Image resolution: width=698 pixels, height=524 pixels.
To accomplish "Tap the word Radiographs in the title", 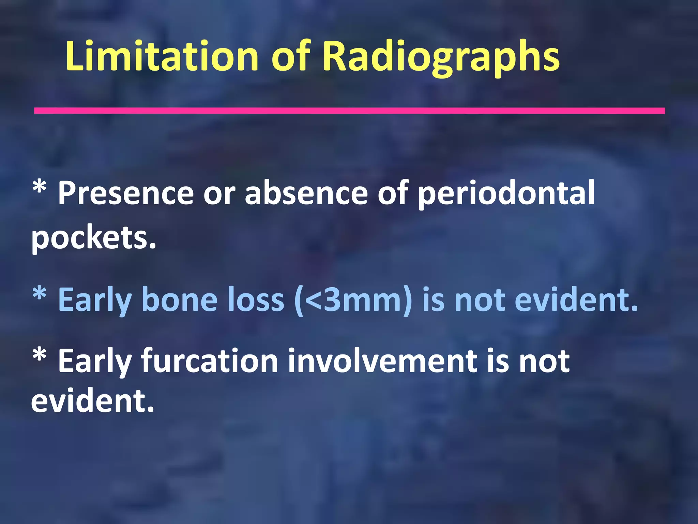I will [441, 56].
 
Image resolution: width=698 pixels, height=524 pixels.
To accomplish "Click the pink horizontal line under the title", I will [349, 111].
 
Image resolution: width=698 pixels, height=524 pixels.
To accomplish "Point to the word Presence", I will [126, 193].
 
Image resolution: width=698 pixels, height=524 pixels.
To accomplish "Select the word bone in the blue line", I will [179, 300].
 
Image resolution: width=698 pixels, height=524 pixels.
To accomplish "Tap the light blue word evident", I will [576, 300].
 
